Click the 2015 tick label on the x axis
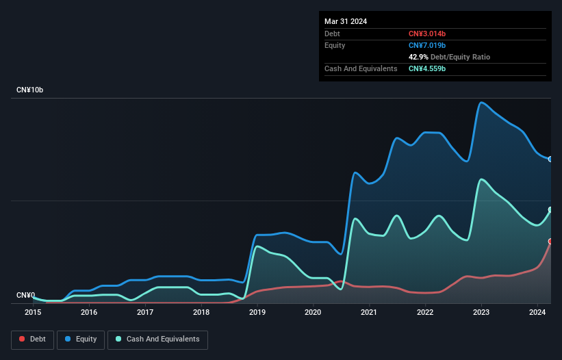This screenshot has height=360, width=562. coord(33,312)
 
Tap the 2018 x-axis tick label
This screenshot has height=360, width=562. coord(201,312)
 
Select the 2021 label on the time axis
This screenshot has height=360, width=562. coord(369,312)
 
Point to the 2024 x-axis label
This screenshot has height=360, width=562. coord(537,312)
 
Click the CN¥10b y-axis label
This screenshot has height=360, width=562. coord(30,90)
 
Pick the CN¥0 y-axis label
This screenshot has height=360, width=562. coord(25,295)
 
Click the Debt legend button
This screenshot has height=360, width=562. coord(32,339)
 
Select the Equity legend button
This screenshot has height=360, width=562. coord(81,339)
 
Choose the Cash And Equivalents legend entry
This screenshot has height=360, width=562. coord(157,339)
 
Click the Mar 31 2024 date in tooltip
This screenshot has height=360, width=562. coord(346,21)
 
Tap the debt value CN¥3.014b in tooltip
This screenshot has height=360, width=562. coord(427,34)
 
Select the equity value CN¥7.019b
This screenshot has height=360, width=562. coord(427,45)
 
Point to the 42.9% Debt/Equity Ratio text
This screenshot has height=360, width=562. coord(449,57)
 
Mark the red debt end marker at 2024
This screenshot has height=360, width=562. coord(550,241)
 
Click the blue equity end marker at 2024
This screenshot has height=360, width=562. coord(550,159)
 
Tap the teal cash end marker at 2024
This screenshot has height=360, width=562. coord(550,209)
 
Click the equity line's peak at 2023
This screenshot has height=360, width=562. coord(482,103)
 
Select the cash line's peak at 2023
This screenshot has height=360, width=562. coord(483,179)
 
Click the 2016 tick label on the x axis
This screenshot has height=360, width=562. coord(89,312)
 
